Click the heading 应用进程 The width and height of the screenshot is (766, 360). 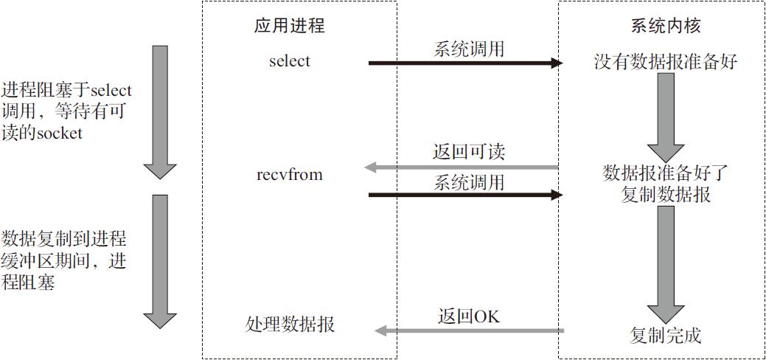(x=289, y=25)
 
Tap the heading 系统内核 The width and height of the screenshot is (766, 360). (x=665, y=25)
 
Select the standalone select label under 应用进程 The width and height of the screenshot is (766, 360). (x=289, y=61)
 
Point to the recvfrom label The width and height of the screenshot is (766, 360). (x=289, y=175)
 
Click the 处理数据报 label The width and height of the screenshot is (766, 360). (x=290, y=325)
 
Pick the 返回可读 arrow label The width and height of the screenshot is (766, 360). (x=468, y=153)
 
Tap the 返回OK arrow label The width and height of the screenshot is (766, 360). (x=468, y=316)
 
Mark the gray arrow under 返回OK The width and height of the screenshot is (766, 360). (x=469, y=331)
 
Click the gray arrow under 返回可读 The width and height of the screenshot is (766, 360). (x=462, y=168)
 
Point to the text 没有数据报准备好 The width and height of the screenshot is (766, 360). (x=665, y=63)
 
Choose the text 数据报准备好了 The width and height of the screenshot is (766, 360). (x=665, y=173)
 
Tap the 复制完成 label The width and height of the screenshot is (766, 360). (x=665, y=336)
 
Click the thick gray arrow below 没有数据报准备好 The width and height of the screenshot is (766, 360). (x=665, y=117)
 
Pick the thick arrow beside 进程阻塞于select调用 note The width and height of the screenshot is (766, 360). (x=161, y=112)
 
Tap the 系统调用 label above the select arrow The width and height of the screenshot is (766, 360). (x=468, y=49)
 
